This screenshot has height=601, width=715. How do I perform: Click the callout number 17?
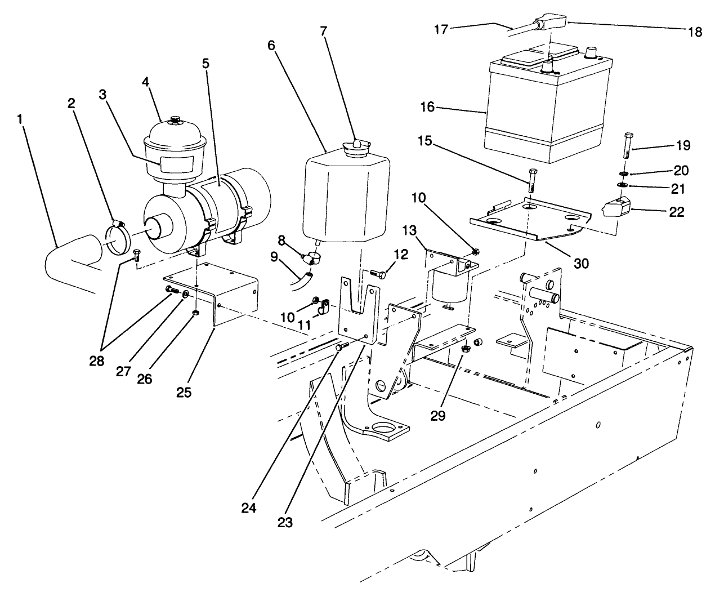(441, 29)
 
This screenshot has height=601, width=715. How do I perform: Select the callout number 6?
(272, 45)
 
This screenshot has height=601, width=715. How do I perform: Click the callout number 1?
(20, 119)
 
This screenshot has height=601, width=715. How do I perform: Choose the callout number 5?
(205, 63)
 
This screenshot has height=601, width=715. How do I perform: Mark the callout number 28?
(97, 360)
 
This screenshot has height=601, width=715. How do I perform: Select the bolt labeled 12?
(378, 274)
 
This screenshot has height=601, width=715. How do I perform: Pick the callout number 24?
(249, 507)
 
